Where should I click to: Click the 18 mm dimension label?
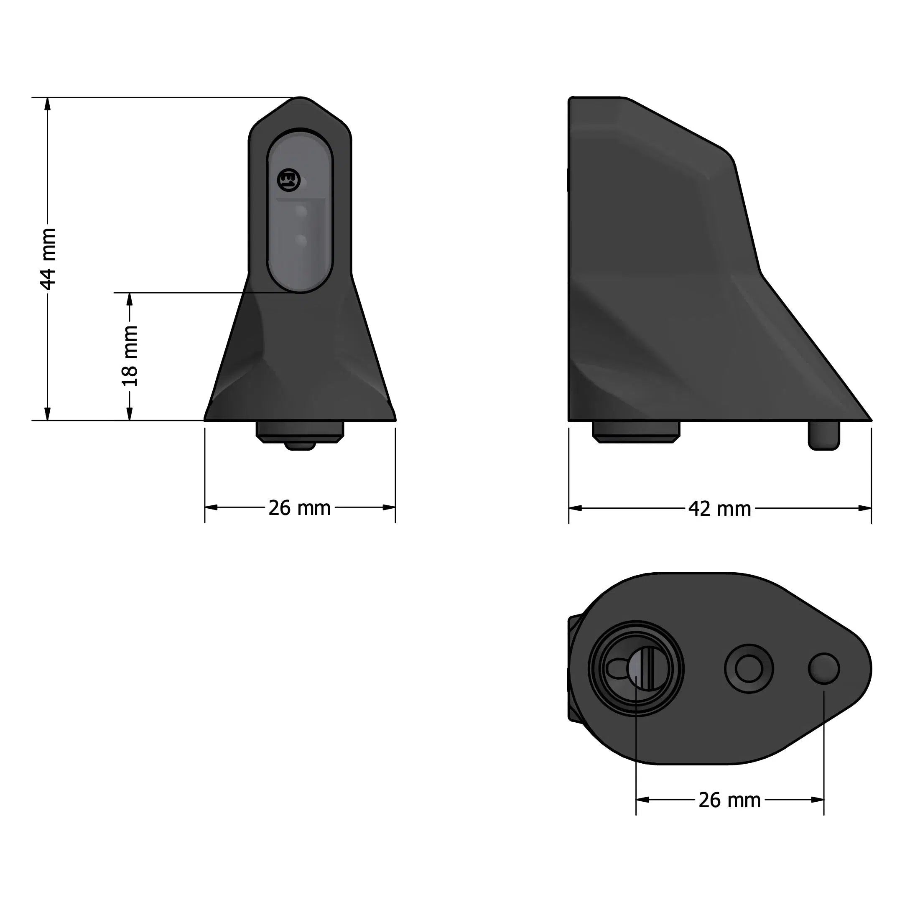(129, 356)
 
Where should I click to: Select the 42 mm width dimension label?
(719, 509)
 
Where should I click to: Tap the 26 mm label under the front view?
(299, 508)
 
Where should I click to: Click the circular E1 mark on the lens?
(288, 181)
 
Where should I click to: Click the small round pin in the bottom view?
(823, 668)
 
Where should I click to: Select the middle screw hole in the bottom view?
(749, 669)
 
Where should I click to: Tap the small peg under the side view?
(823, 435)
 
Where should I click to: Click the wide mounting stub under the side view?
(636, 431)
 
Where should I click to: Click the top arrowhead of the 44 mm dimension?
(47, 104)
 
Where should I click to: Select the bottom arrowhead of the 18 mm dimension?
(129, 414)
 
